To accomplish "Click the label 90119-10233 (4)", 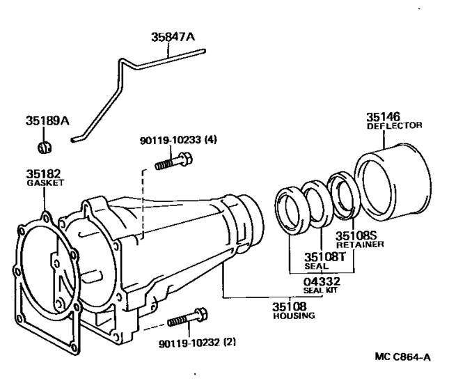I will (x=177, y=139).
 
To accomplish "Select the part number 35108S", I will (x=356, y=235).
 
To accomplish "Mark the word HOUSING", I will (x=294, y=315).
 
